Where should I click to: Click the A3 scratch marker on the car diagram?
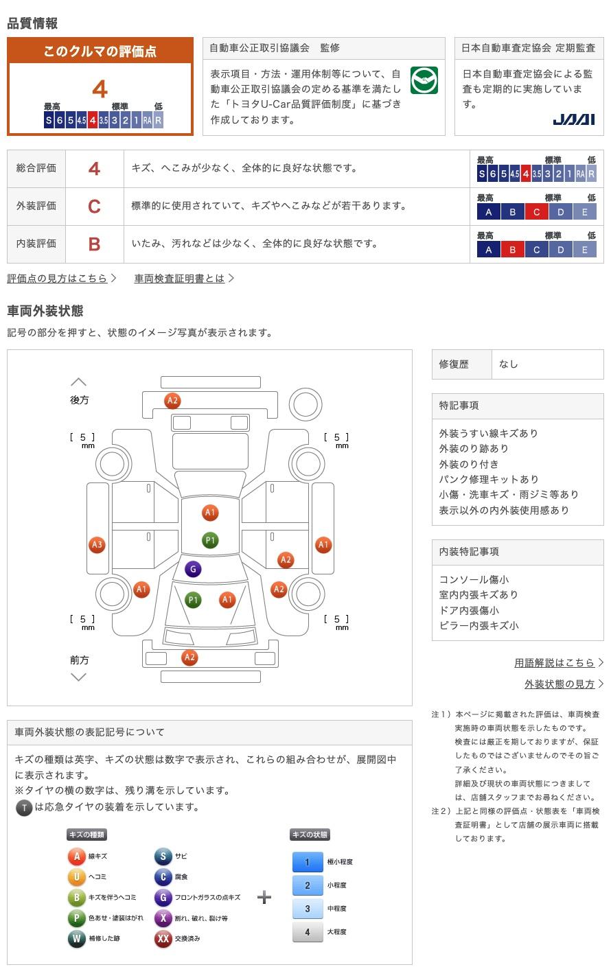(97, 545)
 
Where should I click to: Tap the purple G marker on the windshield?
(193, 569)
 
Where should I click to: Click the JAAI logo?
(573, 119)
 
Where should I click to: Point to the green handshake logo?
(424, 80)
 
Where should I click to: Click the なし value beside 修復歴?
(509, 364)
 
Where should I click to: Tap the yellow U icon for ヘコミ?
(76, 877)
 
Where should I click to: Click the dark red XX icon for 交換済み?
(163, 938)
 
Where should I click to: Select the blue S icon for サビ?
(163, 856)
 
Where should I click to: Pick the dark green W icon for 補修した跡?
(76, 938)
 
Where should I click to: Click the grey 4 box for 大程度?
(308, 932)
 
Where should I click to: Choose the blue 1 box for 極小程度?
(308, 862)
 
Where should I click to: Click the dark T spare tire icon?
(24, 808)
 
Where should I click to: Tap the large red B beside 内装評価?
(94, 244)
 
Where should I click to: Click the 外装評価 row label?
(36, 206)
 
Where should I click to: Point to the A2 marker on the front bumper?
(189, 657)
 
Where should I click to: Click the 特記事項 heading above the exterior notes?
(459, 406)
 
